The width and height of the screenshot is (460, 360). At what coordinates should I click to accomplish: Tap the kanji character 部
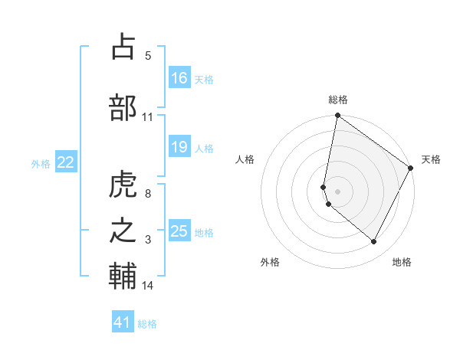[x=123, y=107]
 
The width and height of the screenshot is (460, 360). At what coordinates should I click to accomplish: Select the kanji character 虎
[x=123, y=185]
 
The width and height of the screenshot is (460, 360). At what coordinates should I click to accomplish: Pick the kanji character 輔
[x=123, y=277]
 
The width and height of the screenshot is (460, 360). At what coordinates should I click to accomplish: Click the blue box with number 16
[x=179, y=78]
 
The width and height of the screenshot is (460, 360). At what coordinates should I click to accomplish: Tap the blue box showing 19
[x=179, y=147]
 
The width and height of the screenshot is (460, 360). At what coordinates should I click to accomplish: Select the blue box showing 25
[x=179, y=231]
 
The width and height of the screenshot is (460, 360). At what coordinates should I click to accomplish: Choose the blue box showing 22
[x=66, y=162]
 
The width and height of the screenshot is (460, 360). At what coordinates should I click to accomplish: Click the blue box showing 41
[x=123, y=322]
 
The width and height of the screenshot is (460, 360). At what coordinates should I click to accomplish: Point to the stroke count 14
[x=148, y=286]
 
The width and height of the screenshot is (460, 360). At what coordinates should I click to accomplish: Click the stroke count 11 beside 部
[x=148, y=117]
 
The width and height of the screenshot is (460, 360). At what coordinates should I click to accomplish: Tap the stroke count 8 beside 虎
[x=148, y=194]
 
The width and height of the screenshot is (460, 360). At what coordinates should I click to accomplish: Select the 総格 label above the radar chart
[x=338, y=100]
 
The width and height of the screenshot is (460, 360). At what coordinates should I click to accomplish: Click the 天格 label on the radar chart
[x=431, y=159]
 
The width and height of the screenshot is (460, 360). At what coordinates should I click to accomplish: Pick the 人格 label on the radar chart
[x=245, y=159]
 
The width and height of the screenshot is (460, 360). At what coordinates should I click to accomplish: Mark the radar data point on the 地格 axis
[x=374, y=242]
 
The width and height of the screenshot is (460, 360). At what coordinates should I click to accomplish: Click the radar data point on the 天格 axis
[x=411, y=169]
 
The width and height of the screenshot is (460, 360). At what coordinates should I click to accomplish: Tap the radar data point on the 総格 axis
[x=337, y=116]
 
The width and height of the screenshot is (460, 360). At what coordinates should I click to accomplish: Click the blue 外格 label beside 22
[x=41, y=163]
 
